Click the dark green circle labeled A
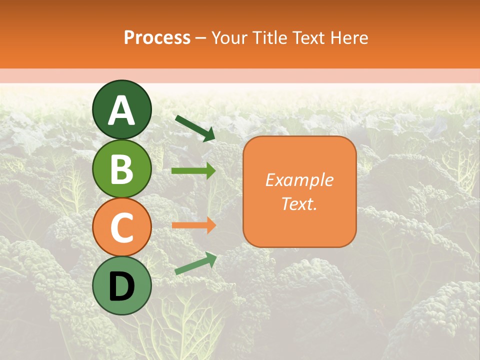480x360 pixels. click(121, 109)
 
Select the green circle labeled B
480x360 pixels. click(121, 168)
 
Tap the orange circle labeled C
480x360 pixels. click(121, 227)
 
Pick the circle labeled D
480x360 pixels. click(121, 285)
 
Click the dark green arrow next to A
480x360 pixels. click(195, 128)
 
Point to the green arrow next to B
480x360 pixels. click(193, 171)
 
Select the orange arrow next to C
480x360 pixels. click(193, 225)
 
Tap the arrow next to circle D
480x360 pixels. click(195, 263)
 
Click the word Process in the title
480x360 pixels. click(157, 38)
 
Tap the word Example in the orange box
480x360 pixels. click(299, 180)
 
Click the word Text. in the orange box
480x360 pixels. click(299, 203)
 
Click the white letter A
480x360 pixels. click(121, 110)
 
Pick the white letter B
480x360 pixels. click(121, 169)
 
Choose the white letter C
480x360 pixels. click(121, 228)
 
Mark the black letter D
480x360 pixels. click(121, 286)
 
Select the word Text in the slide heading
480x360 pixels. click(308, 38)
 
